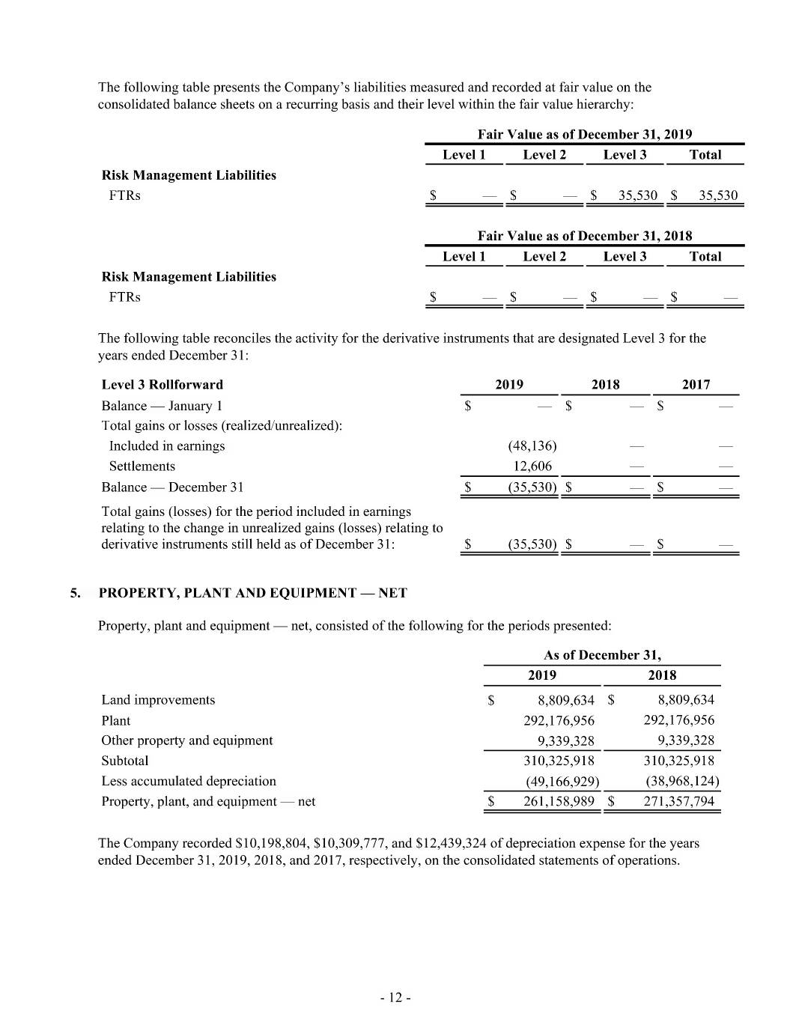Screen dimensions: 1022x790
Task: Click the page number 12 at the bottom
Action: [x=395, y=997]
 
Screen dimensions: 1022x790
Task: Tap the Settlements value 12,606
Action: [x=532, y=466]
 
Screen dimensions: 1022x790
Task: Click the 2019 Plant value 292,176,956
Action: [x=559, y=720]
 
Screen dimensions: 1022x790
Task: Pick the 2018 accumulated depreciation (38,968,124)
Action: [x=681, y=781]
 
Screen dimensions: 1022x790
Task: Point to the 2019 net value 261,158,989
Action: [x=559, y=801]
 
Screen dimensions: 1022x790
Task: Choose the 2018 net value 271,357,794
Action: [x=678, y=801]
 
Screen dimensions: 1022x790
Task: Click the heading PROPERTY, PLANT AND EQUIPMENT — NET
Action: [x=253, y=593]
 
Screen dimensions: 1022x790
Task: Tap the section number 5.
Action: [x=75, y=593]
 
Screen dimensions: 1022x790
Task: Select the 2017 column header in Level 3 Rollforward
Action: [x=696, y=384]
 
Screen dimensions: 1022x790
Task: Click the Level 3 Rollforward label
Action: [x=162, y=384]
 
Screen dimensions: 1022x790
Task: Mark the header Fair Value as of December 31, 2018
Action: [x=585, y=235]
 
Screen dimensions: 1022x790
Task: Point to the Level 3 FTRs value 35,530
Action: [x=637, y=195]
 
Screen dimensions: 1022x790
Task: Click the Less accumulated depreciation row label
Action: [x=189, y=781]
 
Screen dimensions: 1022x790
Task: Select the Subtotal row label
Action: [x=125, y=761]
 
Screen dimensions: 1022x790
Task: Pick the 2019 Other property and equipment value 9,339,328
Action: [x=565, y=740]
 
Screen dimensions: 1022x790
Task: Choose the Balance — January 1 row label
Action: [x=162, y=406]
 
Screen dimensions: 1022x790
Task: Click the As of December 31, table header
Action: [x=602, y=654]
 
